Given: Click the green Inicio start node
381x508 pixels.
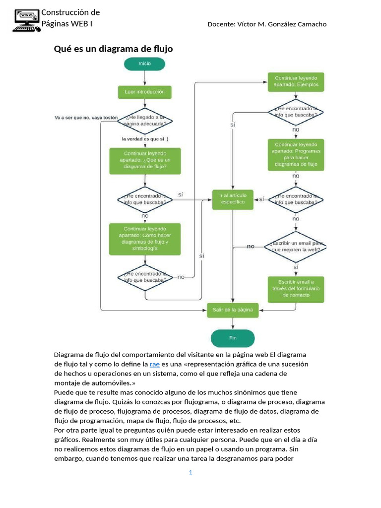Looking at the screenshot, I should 144,63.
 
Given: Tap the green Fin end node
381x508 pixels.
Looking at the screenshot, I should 233,338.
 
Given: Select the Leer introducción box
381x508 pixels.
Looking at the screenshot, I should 144,92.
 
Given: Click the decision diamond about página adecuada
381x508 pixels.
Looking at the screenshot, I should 145,121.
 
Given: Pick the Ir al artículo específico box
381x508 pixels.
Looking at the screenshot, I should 233,198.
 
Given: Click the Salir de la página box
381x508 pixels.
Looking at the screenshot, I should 233,310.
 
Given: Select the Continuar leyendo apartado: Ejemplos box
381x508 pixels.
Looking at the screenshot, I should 296,81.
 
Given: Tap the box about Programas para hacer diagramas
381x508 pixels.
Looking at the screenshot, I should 296,154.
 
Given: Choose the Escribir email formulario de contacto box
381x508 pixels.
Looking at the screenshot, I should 296,289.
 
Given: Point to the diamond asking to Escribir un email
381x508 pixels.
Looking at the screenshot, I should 296,247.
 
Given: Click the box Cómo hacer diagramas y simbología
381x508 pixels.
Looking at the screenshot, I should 144,238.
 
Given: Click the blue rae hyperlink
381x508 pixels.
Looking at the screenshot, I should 154,364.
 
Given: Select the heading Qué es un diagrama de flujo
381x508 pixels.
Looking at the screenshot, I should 113,49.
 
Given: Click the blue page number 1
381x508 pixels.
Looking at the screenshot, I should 190,473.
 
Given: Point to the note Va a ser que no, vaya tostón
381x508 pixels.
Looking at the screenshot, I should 86,118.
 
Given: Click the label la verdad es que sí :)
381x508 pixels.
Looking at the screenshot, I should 144,139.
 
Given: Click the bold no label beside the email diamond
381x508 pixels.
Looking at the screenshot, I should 251,246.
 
